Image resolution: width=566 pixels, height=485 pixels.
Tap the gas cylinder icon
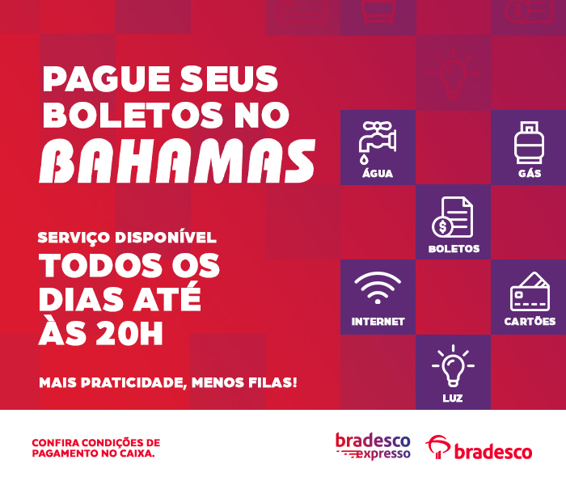click(529, 143)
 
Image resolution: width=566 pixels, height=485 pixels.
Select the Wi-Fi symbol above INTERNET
click(378, 288)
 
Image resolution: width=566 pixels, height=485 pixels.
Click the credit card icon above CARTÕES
click(530, 292)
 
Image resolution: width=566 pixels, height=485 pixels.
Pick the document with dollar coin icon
click(453, 217)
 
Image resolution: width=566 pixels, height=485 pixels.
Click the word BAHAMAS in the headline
click(177, 161)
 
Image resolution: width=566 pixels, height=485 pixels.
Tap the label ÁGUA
click(378, 173)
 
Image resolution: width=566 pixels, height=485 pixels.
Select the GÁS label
click(530, 173)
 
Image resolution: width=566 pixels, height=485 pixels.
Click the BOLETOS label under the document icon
click(454, 249)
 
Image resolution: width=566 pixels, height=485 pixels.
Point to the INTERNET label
click(378, 322)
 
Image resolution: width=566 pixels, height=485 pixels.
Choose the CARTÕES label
click(530, 321)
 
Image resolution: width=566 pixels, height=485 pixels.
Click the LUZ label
click(453, 398)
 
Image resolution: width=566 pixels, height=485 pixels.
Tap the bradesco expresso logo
click(374, 446)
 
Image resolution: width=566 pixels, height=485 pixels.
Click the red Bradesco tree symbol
click(438, 446)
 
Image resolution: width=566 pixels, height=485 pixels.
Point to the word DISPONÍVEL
click(166, 238)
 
